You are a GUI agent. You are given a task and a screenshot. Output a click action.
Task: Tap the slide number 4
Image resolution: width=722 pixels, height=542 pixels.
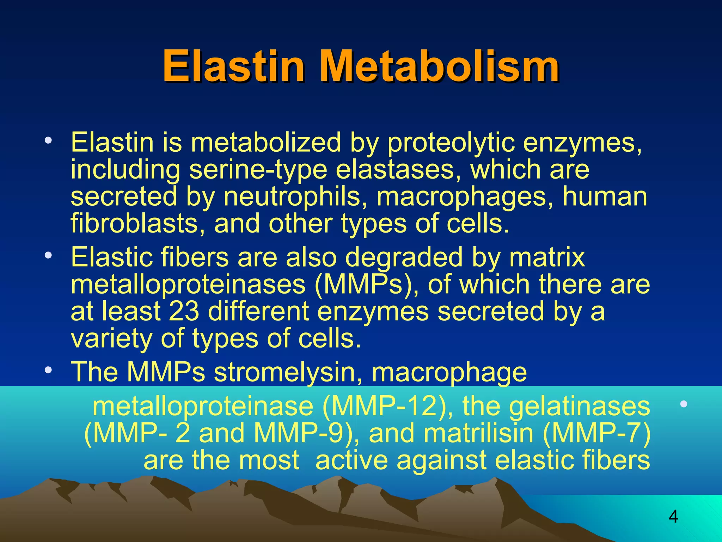pyautogui.click(x=673, y=517)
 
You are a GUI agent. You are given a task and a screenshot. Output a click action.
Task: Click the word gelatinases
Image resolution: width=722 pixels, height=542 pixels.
pyautogui.click(x=579, y=406)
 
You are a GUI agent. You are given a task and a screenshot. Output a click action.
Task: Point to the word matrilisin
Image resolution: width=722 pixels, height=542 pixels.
pyautogui.click(x=478, y=433)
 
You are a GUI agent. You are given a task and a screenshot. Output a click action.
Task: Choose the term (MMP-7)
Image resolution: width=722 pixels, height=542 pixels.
pyautogui.click(x=596, y=433)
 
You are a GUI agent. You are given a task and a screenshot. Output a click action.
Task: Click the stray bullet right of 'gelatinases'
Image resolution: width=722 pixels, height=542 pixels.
pyautogui.click(x=684, y=404)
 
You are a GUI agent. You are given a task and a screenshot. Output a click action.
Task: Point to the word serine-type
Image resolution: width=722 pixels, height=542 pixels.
pyautogui.click(x=258, y=170)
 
